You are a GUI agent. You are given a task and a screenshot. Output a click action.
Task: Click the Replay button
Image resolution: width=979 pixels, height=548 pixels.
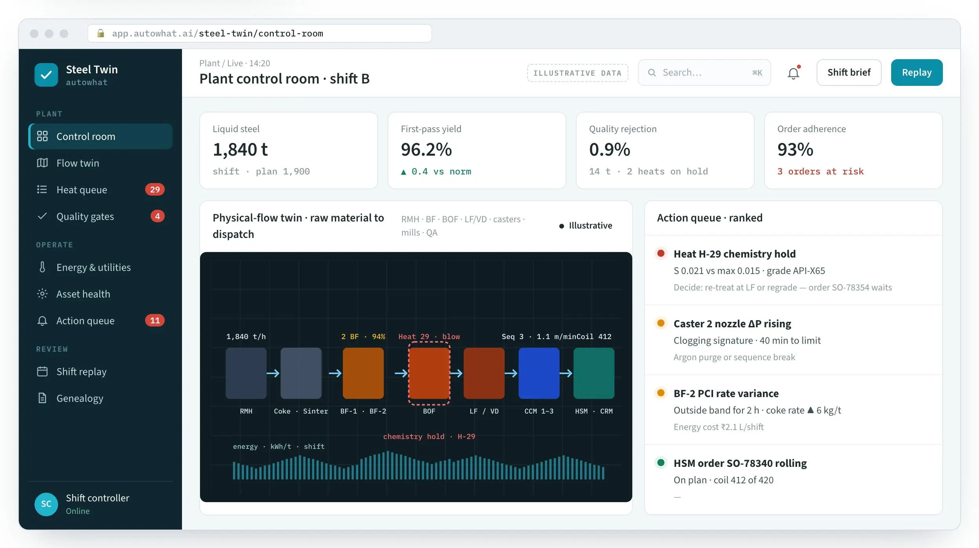[x=917, y=73]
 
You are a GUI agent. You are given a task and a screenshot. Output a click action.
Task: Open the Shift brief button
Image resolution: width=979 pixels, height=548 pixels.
[x=849, y=73]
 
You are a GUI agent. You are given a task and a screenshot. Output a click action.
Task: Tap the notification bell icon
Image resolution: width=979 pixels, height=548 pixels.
[x=793, y=73]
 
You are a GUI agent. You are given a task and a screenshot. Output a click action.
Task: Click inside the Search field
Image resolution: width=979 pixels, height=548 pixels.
[x=704, y=73]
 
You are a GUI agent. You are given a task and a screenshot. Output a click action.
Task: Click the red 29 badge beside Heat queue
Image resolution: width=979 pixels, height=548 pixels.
[x=155, y=190]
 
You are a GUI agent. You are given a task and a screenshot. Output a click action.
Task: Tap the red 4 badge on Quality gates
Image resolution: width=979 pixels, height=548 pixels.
[x=157, y=216]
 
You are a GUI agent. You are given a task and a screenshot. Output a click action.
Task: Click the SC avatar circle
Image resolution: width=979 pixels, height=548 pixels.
[x=46, y=504]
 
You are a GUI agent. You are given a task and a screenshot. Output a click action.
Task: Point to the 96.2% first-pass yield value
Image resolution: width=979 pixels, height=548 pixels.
[x=426, y=149]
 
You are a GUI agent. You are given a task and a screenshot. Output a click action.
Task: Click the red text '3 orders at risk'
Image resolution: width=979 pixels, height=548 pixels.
[x=821, y=171]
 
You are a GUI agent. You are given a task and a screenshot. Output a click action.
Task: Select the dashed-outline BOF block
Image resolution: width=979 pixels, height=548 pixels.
[x=429, y=373]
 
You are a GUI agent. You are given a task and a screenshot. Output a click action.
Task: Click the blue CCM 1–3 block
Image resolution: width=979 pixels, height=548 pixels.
[x=539, y=373]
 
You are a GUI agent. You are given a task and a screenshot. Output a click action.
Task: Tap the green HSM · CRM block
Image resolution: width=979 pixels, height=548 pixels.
[x=594, y=373]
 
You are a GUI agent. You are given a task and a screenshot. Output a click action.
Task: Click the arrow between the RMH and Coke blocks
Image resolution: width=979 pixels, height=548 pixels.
[x=273, y=373]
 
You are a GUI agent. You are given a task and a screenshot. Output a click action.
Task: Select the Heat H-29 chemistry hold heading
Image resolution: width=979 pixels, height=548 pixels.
[x=735, y=254]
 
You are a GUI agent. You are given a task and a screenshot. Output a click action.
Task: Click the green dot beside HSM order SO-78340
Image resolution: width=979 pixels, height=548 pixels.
[x=661, y=463]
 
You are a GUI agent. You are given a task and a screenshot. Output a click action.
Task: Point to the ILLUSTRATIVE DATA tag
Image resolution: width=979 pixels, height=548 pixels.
[x=577, y=73]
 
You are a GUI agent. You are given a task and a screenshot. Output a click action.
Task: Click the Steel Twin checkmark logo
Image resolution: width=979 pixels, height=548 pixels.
[x=46, y=75]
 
